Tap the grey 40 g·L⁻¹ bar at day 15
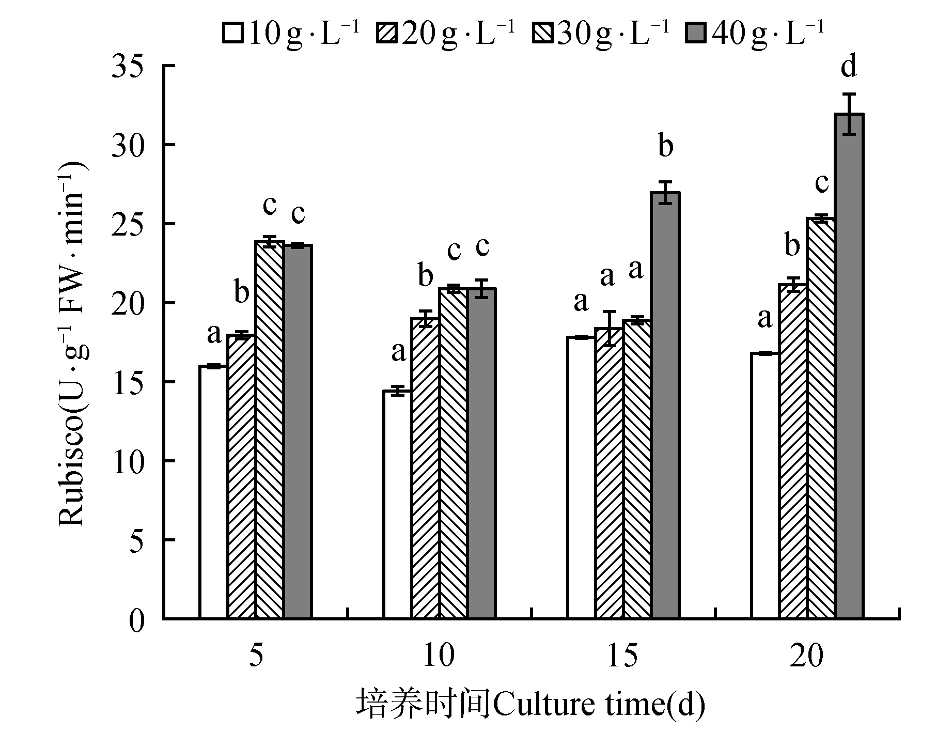pyautogui.click(x=665, y=405)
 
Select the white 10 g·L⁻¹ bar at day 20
pyautogui.click(x=764, y=486)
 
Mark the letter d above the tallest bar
pyautogui.click(x=849, y=67)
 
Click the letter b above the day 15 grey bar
pyautogui.click(x=666, y=147)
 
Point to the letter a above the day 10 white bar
pyautogui.click(x=398, y=354)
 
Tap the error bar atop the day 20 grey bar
pyautogui.click(x=849, y=114)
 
